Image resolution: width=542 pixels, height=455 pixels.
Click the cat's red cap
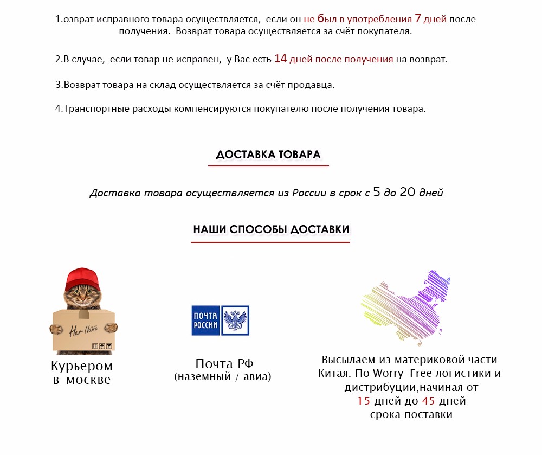pyautogui.click(x=82, y=279)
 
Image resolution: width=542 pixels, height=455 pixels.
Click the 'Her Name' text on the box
pyautogui.click(x=80, y=329)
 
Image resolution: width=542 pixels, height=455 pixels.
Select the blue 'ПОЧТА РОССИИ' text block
pyautogui.click(x=205, y=320)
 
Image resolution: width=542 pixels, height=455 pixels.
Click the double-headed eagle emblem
pyautogui.click(x=235, y=320)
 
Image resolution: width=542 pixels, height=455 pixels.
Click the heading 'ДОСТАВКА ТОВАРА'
pyautogui.click(x=268, y=155)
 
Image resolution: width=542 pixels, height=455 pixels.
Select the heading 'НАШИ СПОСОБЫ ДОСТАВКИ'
pyautogui.click(x=271, y=229)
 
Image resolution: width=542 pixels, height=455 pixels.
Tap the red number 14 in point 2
pyautogui.click(x=280, y=59)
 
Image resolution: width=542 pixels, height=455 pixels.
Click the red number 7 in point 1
pyautogui.click(x=417, y=18)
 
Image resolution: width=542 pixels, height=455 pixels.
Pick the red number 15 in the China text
pyautogui.click(x=364, y=401)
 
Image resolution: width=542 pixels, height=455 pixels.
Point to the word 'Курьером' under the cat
pyautogui.click(x=82, y=366)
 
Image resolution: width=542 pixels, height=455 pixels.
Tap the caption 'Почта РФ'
pyautogui.click(x=224, y=364)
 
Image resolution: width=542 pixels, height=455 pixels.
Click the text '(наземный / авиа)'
pyautogui.click(x=223, y=376)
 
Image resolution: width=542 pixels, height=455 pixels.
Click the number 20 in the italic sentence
pyautogui.click(x=408, y=193)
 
